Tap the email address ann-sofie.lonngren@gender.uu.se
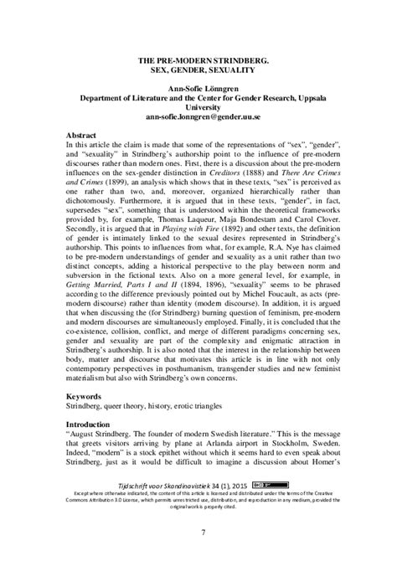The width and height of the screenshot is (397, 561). click(197, 118)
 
